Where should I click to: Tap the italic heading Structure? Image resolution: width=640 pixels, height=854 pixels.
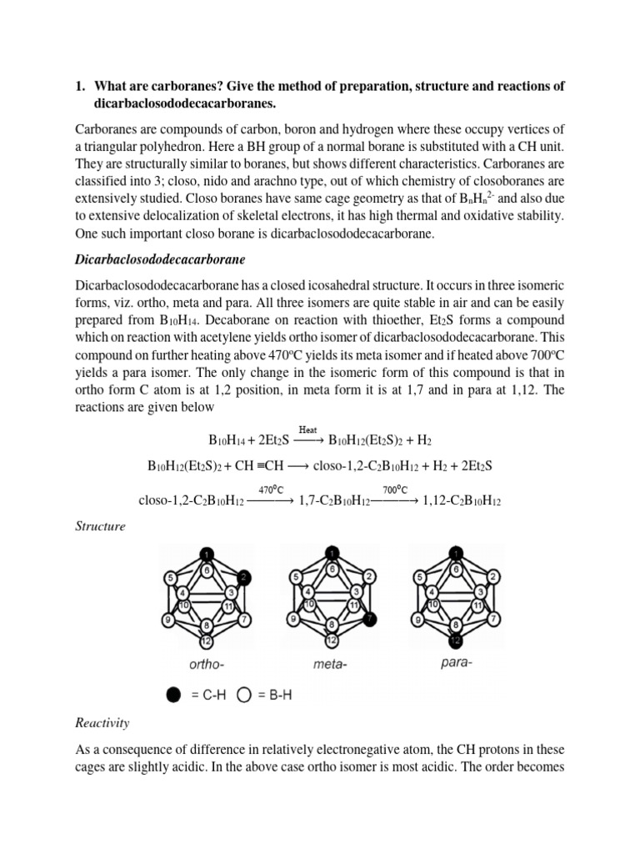pos(100,526)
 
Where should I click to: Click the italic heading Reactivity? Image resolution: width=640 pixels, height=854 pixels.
pos(102,722)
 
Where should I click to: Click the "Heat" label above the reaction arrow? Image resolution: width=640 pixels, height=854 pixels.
pos(308,429)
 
